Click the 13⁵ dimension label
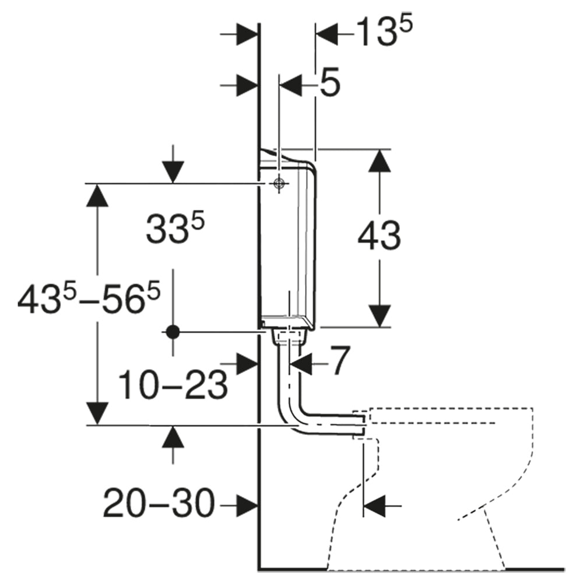pos(384,32)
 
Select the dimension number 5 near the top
pos(330,82)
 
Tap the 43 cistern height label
pos(380,236)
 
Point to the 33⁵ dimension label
pos(175,229)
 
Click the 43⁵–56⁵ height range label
pos(89,297)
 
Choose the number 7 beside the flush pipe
pos(340,360)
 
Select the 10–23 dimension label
pos(173,385)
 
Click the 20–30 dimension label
pos(159,503)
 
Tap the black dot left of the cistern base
pos(173,332)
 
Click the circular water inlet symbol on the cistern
pos(279,183)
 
